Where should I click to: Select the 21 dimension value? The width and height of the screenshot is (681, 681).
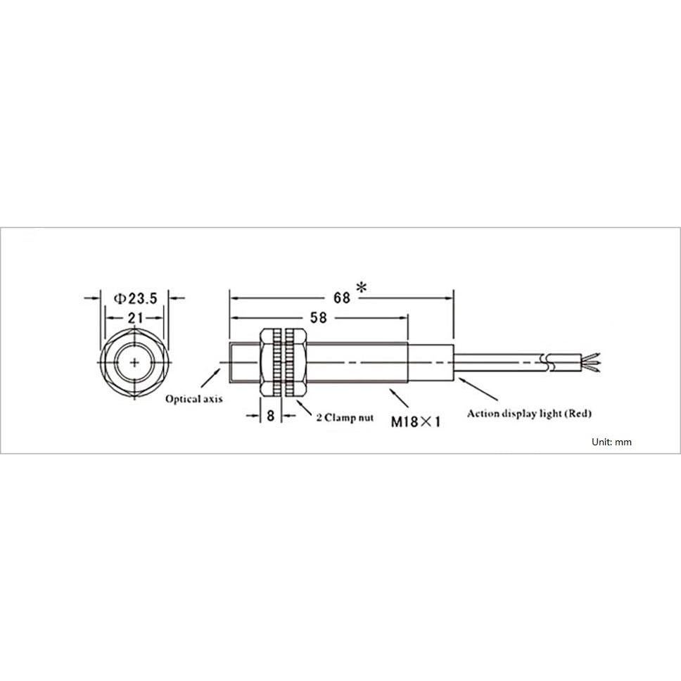pos(134,318)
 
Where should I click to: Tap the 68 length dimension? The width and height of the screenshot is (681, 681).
pos(342,298)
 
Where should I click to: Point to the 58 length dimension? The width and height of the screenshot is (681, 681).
pos(319,318)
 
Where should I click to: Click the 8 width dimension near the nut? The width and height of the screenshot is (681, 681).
pos(271,416)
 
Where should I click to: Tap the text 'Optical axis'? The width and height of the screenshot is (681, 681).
pos(194,399)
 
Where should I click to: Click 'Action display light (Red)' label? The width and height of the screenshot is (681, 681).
pos(529,414)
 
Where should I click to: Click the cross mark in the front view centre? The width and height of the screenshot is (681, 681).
pos(134,362)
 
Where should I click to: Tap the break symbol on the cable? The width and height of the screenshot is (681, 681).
pos(547,363)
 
